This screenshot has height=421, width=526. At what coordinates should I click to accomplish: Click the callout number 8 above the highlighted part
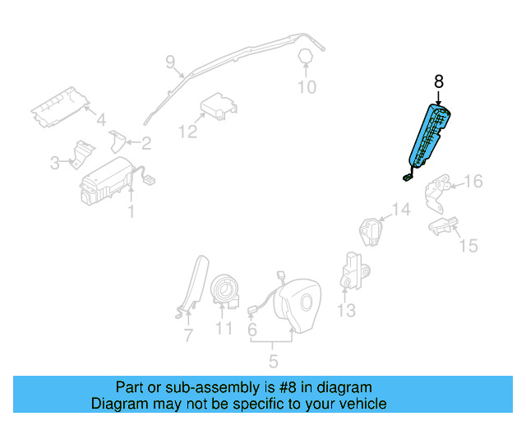click(438, 81)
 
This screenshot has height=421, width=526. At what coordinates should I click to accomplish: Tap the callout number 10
click(306, 87)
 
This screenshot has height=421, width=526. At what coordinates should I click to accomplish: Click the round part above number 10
click(305, 56)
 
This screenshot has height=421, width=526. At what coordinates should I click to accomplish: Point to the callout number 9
click(170, 61)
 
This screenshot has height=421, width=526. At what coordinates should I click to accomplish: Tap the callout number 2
click(145, 144)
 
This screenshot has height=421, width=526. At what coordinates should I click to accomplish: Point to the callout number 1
click(130, 213)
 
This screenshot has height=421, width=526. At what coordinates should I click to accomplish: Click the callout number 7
click(187, 335)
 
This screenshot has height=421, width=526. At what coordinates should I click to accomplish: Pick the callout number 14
click(399, 210)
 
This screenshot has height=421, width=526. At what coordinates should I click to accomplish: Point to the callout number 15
click(468, 245)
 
